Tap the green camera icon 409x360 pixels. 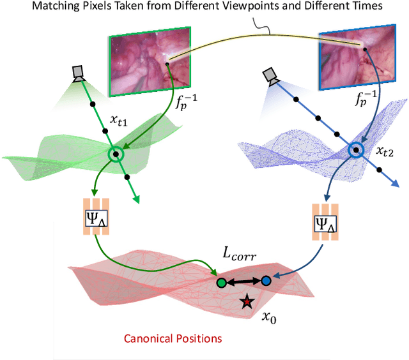79,73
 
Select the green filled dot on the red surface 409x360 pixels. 221,281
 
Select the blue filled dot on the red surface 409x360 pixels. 266,281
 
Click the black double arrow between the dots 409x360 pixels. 244,281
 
